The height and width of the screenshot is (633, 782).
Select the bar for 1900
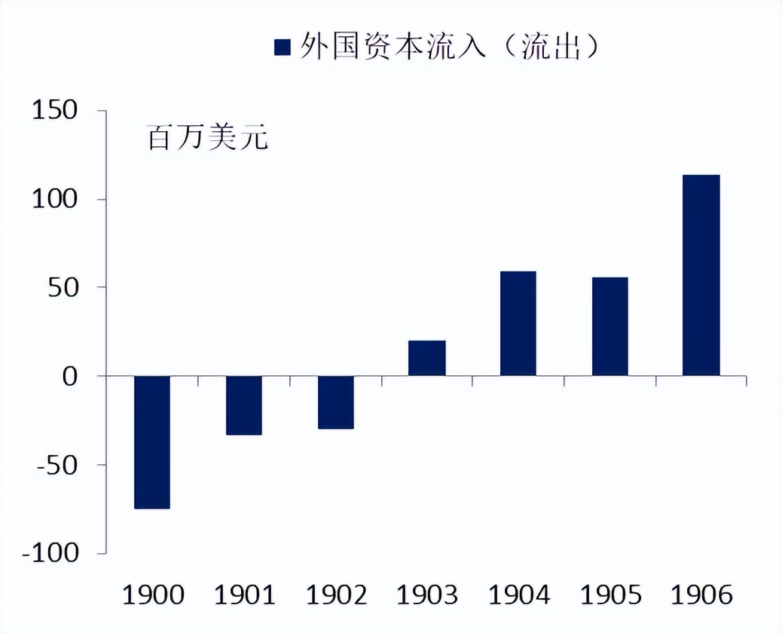pyautogui.click(x=152, y=442)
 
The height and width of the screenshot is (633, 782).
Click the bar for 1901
pyautogui.click(x=244, y=405)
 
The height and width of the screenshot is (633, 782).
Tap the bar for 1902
pyautogui.click(x=335, y=402)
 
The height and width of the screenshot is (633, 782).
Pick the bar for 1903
pyautogui.click(x=427, y=358)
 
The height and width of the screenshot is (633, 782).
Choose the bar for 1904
pyautogui.click(x=518, y=323)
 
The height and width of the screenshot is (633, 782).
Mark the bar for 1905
pyautogui.click(x=609, y=326)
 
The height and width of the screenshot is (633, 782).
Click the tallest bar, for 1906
pyautogui.click(x=701, y=275)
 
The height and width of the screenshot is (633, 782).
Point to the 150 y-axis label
pyautogui.click(x=55, y=111)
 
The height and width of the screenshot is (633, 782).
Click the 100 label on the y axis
pyautogui.click(x=55, y=199)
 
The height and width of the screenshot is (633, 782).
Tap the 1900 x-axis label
pyautogui.click(x=153, y=595)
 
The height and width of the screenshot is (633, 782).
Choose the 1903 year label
pyautogui.click(x=427, y=595)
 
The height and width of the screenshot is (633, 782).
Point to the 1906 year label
pyautogui.click(x=701, y=595)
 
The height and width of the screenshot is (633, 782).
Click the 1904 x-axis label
pyautogui.click(x=518, y=595)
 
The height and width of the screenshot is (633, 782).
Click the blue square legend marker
pyautogui.click(x=283, y=47)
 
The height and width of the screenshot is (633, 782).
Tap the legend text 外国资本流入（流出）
pyautogui.click(x=449, y=47)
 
